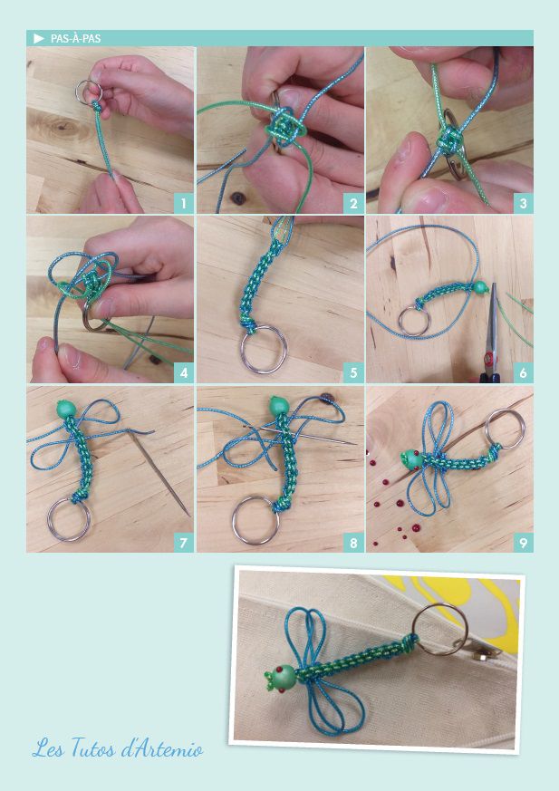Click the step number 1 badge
point(184,203)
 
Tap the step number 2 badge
point(353,203)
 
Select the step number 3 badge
point(523,203)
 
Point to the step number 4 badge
point(184,372)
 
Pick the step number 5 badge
point(353,372)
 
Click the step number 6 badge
point(523,372)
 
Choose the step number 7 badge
point(184,543)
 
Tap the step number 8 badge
point(353,543)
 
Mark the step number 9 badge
point(523,543)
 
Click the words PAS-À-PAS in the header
point(76,38)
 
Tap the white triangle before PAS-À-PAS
point(39,38)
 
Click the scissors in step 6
point(490,333)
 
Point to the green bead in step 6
point(481,288)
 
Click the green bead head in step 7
point(65,408)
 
